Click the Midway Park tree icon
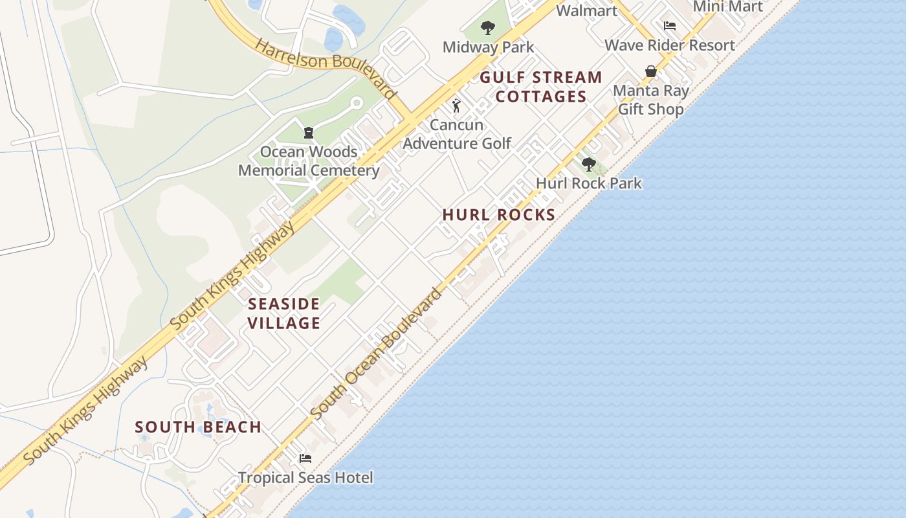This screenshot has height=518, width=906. [488, 28]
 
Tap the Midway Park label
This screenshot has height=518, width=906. [489, 47]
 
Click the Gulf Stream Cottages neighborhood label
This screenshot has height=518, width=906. [541, 87]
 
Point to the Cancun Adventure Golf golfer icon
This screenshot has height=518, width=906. [457, 105]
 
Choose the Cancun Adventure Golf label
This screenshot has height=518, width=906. [457, 134]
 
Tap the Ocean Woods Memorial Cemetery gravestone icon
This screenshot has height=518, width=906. [309, 133]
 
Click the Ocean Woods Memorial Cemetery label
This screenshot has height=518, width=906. [309, 161]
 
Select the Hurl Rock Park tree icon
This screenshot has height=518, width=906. [588, 164]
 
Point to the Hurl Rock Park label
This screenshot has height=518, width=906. [589, 183]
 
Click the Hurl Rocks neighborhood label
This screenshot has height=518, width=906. [499, 215]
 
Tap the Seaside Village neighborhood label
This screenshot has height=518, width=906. [284, 313]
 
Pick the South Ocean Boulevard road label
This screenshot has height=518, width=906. [376, 353]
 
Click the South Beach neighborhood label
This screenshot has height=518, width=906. [198, 427]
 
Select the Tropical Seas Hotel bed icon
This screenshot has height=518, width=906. [305, 458]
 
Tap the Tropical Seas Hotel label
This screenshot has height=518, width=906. [305, 478]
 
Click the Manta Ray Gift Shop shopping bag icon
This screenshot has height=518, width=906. [651, 71]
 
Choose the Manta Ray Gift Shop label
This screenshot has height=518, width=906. [651, 100]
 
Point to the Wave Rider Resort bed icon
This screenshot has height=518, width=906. [670, 26]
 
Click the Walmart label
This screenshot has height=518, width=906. [587, 10]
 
